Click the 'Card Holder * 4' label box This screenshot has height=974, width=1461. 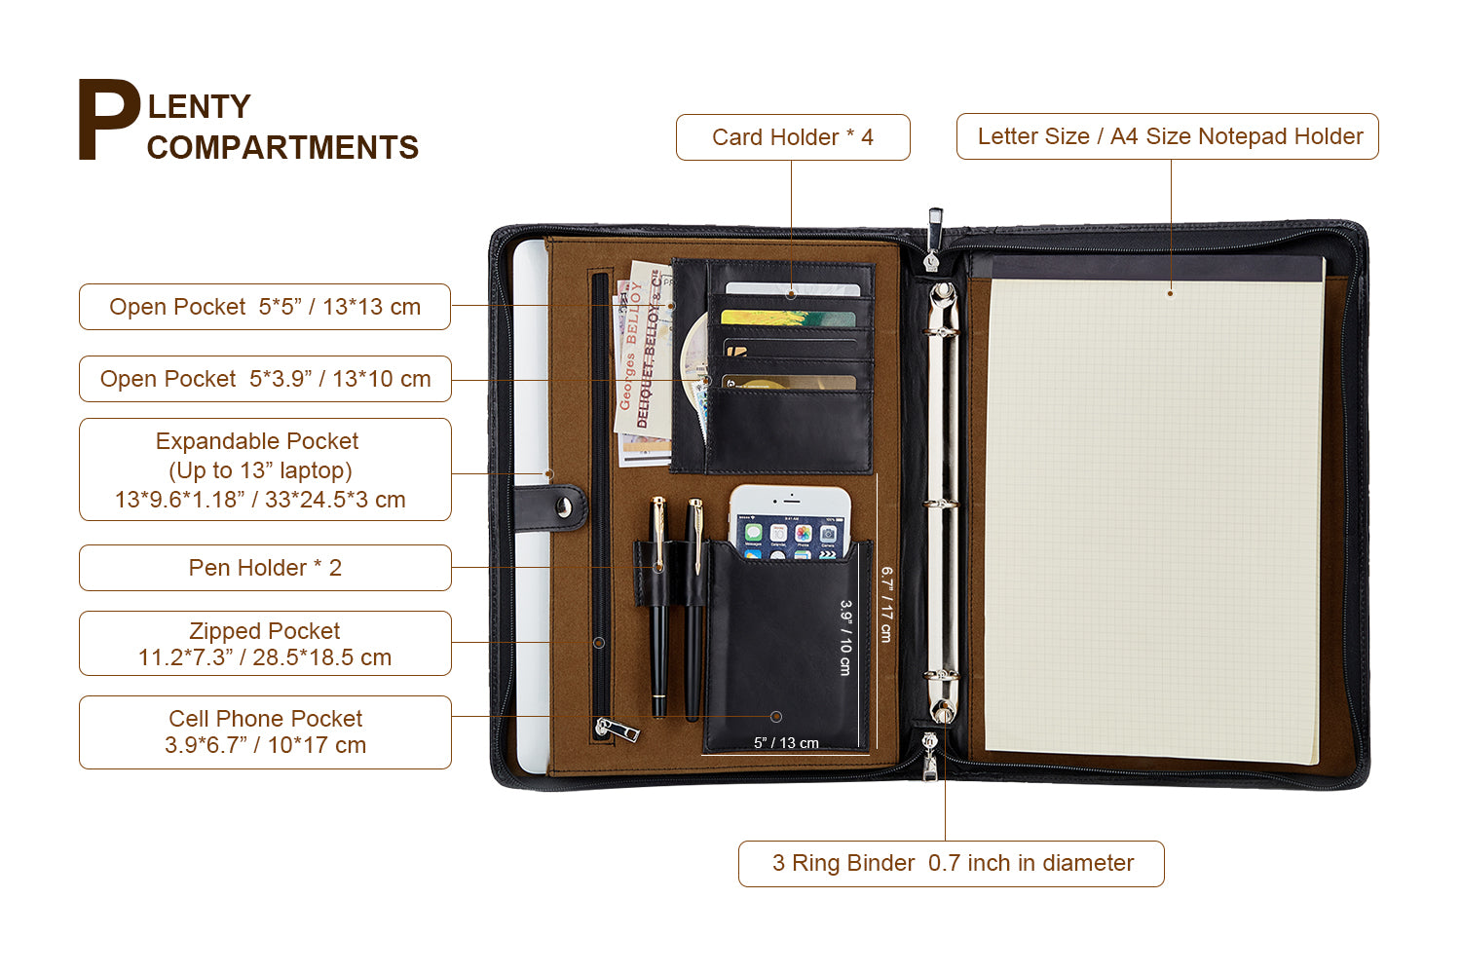793,137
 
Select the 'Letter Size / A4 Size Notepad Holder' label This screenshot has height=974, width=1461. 1168,136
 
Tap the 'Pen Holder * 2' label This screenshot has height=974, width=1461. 265,568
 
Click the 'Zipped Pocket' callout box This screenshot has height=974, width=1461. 265,643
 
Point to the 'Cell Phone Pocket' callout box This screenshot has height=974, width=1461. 265,732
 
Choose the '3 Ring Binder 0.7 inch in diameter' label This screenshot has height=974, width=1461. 951,864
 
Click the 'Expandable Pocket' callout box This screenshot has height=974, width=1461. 265,469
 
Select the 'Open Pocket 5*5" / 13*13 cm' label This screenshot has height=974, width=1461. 265,307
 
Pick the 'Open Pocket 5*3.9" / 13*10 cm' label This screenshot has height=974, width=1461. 265,378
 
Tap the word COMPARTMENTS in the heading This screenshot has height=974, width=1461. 282,147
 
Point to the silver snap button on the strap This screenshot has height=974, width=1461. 564,506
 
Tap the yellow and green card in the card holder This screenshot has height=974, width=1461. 788,318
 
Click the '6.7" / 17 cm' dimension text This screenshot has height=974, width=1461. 886,604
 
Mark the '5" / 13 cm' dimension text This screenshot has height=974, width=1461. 786,743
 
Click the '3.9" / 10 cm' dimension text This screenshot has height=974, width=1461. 846,637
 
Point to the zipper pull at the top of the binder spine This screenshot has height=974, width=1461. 934,238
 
